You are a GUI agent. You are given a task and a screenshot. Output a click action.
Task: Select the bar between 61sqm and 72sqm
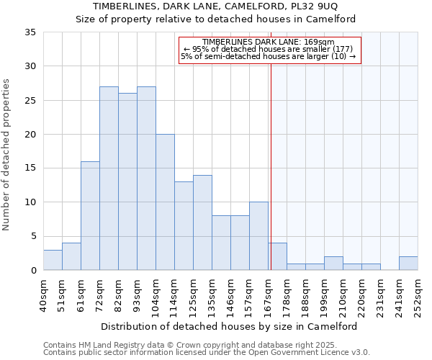pyautogui.click(x=90, y=216)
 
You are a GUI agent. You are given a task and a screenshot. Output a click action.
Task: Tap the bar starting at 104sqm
pyautogui.click(x=165, y=202)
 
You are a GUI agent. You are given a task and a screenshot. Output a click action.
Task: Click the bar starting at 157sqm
pyautogui.click(x=258, y=236)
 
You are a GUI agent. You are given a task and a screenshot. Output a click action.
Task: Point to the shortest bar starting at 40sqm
pyautogui.click(x=53, y=260)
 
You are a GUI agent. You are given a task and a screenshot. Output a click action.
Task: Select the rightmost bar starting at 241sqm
pyautogui.click(x=408, y=264)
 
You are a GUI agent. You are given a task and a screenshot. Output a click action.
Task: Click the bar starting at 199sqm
pyautogui.click(x=333, y=264)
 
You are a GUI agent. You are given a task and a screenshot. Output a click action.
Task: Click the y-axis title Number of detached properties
pyautogui.click(x=7, y=155)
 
